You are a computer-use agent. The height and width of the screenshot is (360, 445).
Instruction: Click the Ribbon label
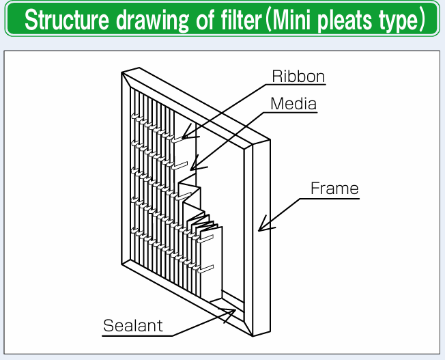[x=298, y=76]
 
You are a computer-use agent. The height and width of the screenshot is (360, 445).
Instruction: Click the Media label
[x=293, y=104]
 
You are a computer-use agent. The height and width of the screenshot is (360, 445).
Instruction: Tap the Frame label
[x=334, y=188]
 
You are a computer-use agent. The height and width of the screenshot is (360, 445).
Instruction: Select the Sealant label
[x=133, y=325]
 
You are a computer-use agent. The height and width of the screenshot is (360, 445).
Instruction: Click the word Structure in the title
[x=66, y=20]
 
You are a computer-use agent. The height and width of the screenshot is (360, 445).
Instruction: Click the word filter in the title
[x=241, y=20]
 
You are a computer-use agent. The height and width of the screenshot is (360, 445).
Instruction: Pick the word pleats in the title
[x=344, y=21]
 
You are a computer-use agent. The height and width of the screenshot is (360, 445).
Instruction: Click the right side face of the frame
[x=261, y=238]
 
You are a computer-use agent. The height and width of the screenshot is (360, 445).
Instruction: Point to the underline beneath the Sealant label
[x=137, y=336]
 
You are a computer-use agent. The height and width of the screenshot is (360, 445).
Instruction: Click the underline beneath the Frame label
[x=330, y=198]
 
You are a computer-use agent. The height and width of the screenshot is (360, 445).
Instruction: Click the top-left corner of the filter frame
[x=121, y=72]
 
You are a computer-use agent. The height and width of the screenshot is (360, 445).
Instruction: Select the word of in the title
[x=205, y=20]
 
